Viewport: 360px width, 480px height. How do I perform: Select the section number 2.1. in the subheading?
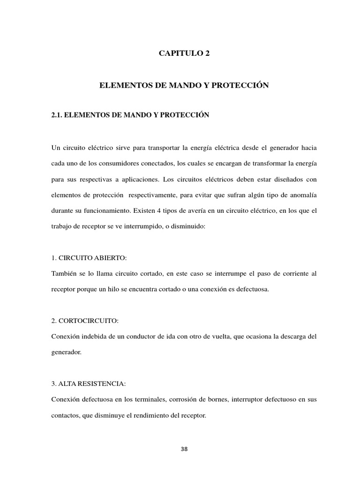(58, 115)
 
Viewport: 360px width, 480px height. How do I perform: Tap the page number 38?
(184, 449)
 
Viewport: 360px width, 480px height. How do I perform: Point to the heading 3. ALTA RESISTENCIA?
(89, 384)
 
